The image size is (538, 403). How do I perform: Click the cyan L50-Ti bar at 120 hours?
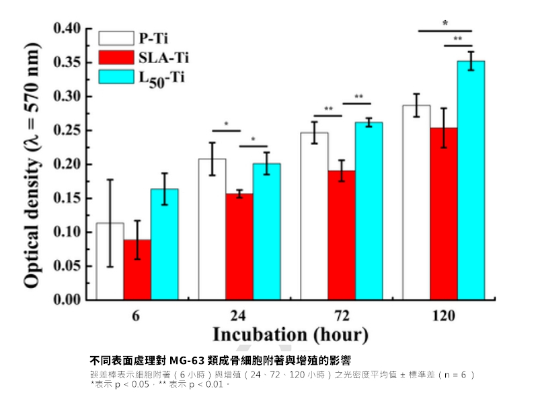pos(471,181)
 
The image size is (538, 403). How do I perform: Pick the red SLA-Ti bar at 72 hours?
pos(342,235)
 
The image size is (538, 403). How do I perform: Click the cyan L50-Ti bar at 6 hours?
pos(164,244)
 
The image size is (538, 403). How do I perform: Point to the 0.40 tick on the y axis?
pos(67,29)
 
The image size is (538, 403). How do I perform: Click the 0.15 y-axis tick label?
pos(67,199)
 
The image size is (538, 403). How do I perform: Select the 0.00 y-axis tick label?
pos(67,300)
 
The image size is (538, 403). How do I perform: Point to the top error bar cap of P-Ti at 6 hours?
pos(110,179)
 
